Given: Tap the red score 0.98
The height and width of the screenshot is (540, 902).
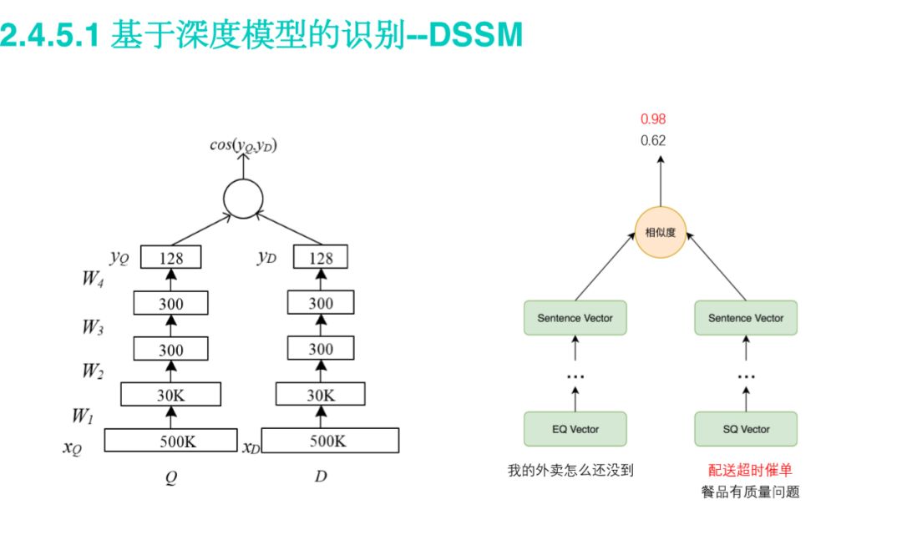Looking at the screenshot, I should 653,119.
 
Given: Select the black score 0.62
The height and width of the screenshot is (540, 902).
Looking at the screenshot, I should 653,141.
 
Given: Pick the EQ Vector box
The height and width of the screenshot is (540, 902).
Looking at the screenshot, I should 575,429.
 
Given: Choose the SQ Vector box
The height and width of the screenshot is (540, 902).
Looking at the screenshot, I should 745,429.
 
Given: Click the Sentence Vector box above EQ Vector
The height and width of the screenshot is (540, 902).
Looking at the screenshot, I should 575,318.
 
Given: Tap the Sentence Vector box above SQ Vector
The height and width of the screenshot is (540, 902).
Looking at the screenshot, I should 745,318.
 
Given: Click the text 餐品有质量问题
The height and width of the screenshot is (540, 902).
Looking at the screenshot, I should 750,492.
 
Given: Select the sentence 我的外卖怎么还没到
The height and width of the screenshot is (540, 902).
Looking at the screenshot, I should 570,470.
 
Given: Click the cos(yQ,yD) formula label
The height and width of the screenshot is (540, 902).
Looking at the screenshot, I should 243,146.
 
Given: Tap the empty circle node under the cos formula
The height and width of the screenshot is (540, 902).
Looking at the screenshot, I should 243,199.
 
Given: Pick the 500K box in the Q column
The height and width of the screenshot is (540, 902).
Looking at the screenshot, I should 171,440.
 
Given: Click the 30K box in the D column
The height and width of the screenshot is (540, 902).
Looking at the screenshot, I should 321,394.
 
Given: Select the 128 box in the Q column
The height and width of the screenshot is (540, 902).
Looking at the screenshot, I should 171,258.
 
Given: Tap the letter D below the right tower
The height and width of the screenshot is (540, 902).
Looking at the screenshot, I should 321,477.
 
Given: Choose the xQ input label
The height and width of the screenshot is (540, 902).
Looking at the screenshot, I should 73,447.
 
